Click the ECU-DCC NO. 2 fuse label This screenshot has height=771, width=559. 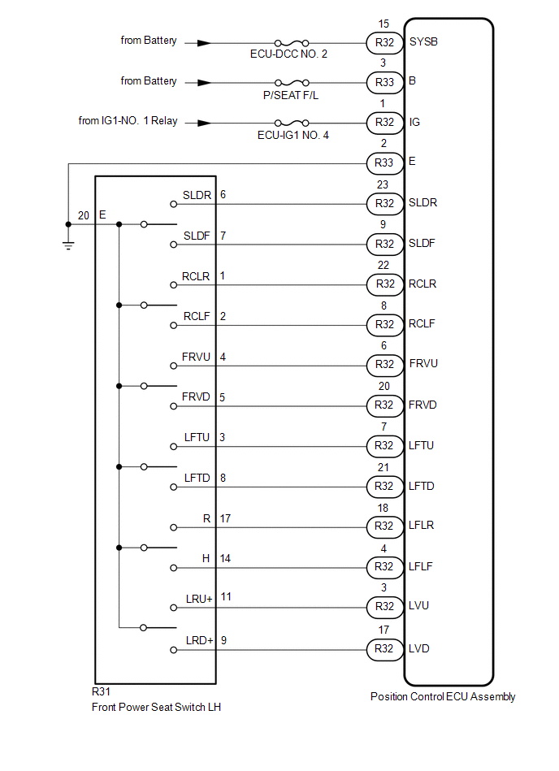click(290, 54)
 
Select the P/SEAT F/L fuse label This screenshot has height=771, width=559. click(290, 94)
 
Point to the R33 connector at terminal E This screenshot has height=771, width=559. click(384, 163)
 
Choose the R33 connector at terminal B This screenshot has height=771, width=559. click(384, 82)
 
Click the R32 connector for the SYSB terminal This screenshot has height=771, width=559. click(384, 41)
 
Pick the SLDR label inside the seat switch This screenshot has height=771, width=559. click(197, 195)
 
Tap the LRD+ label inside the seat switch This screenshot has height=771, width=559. click(199, 640)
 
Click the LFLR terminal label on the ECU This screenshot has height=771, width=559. click(421, 526)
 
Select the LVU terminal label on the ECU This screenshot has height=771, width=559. click(419, 607)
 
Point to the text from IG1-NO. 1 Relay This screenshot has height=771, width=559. click(128, 122)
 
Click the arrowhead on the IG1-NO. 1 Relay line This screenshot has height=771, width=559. click(204, 123)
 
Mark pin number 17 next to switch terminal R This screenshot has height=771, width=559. click(226, 518)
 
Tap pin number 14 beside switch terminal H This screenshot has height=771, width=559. click(226, 558)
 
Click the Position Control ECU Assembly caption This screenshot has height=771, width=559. click(443, 696)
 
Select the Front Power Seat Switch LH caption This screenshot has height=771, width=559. click(157, 707)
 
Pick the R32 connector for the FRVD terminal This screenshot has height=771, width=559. click(384, 405)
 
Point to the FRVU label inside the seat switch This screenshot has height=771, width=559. click(197, 357)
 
